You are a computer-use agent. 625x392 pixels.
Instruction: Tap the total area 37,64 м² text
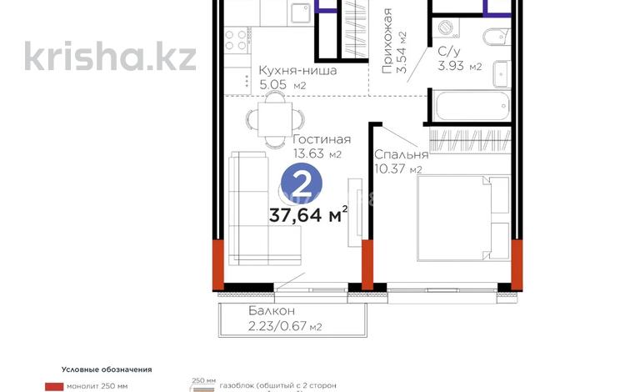coord(307,216)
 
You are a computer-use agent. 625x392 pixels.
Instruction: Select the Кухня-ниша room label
coord(297,71)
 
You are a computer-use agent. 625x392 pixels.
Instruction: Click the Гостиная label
coord(322,140)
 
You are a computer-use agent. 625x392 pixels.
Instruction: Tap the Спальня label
coord(402,154)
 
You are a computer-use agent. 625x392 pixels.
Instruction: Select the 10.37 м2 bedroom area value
coord(399,169)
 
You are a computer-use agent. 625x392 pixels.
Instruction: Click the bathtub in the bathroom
coord(471,105)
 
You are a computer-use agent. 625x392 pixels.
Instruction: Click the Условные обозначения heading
coord(106,369)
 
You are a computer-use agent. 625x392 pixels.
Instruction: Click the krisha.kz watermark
coord(111,56)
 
